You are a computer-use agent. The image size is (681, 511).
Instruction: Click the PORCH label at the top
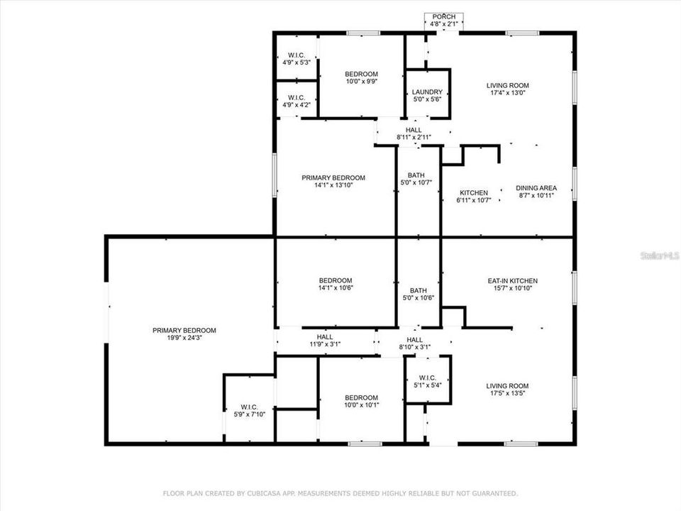[445, 17]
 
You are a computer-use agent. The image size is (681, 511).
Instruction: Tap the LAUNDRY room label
[427, 92]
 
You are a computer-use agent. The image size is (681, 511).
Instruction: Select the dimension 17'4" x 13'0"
[508, 93]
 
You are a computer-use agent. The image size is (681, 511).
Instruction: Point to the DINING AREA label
[536, 188]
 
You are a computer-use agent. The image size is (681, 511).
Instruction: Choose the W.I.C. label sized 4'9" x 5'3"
[297, 55]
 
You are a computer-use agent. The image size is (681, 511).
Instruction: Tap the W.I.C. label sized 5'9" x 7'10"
[249, 407]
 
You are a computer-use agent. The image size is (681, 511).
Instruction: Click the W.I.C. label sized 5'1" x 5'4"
[427, 378]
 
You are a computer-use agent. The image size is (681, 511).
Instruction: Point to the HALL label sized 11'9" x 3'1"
[325, 337]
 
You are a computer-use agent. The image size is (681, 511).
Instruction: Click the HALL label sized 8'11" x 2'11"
[414, 130]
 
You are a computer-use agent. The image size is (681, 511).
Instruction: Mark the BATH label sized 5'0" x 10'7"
[416, 175]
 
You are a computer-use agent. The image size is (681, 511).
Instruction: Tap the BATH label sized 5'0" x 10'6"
[418, 290]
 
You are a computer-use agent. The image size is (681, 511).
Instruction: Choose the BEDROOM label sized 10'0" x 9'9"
[361, 74]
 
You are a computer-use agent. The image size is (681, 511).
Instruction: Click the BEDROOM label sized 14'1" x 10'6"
[335, 280]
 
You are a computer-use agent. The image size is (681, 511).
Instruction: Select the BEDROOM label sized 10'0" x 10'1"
[361, 397]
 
